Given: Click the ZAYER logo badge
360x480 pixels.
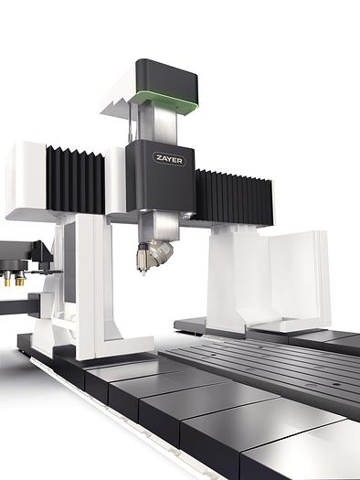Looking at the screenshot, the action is coord(169,159).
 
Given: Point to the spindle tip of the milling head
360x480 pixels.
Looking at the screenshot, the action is coord(143,272).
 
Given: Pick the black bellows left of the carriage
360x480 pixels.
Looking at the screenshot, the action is coord(75,179).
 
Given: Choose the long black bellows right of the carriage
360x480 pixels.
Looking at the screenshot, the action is coord(234,197).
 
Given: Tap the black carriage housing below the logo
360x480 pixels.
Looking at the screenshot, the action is coord(160,176).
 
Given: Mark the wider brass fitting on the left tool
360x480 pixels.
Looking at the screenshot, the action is coord(20,280).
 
